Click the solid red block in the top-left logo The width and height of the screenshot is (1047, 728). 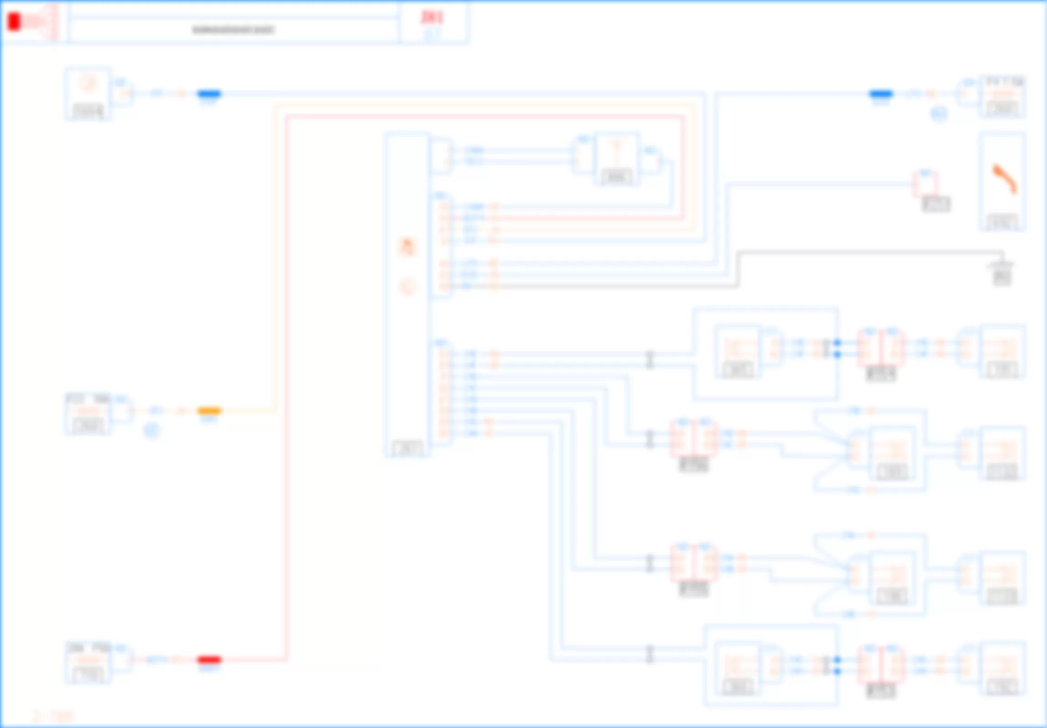pos(14,22)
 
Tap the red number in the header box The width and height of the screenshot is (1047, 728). pos(432,17)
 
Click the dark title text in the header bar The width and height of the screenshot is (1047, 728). pos(233,30)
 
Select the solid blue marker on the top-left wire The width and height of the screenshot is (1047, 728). pos(209,94)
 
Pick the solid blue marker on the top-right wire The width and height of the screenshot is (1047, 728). pos(880,94)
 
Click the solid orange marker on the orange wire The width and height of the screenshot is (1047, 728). pos(209,411)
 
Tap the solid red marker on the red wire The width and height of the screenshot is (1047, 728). pos(209,660)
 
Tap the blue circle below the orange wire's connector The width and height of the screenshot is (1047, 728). pos(151,431)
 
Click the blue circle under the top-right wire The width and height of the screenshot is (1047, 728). pos(939,114)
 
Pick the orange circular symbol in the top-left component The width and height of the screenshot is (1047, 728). pos(88,84)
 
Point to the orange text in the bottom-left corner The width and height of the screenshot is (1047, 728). pos(53,716)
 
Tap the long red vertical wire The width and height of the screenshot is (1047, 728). pos(286,388)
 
